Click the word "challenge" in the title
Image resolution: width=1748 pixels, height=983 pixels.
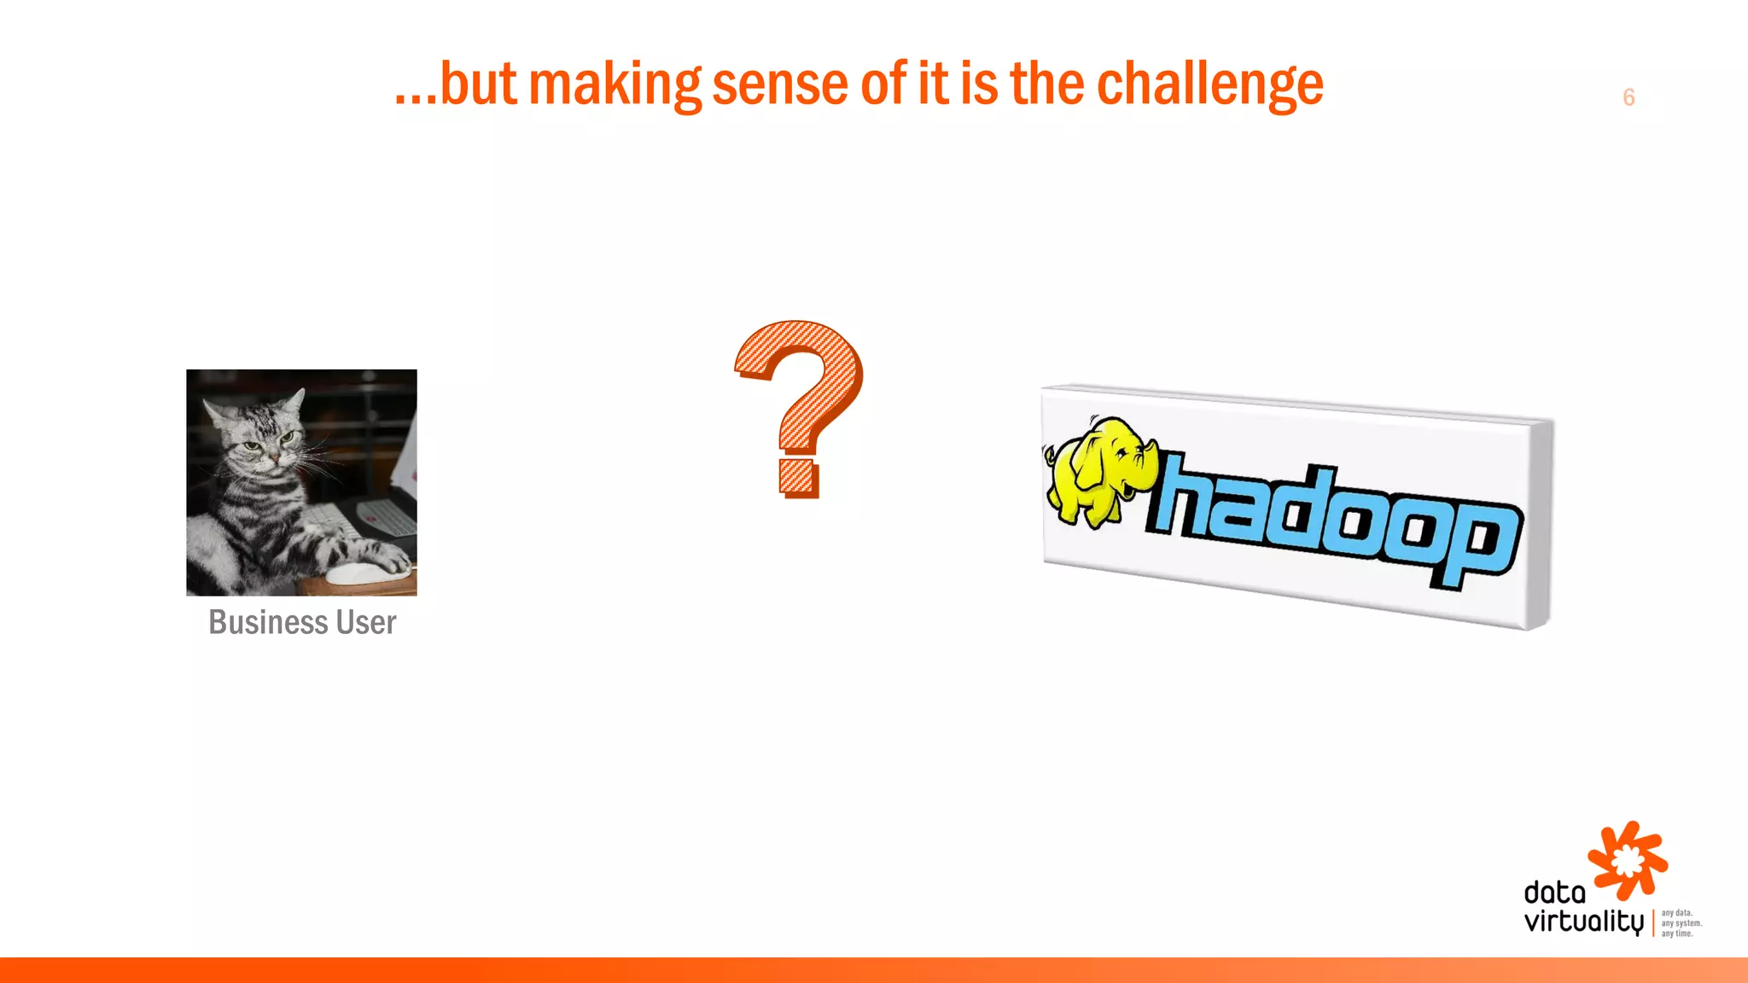(1209, 85)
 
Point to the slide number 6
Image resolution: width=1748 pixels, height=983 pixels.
(1629, 97)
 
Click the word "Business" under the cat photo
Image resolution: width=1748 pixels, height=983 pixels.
(267, 622)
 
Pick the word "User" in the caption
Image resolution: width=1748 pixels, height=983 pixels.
(366, 622)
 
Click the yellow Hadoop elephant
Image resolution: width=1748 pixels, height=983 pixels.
(1097, 469)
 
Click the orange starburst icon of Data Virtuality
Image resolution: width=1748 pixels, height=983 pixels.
(1627, 860)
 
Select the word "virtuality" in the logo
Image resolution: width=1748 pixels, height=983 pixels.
(1583, 922)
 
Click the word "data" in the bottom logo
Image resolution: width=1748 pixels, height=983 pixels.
(1554, 893)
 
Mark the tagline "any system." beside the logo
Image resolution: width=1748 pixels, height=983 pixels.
(1681, 923)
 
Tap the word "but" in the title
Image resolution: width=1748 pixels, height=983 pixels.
(478, 85)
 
